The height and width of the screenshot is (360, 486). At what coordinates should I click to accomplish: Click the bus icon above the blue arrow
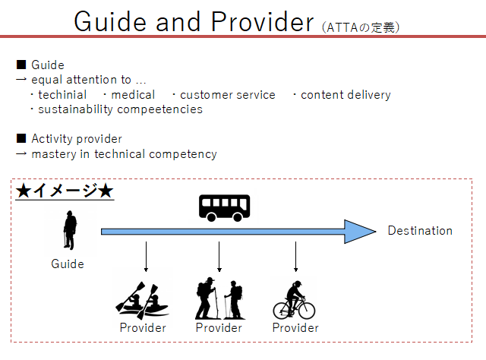(225, 208)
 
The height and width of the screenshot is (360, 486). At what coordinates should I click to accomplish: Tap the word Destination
(420, 231)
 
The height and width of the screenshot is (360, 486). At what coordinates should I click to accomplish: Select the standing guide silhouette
(70, 230)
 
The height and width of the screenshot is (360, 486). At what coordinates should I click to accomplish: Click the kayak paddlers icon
(142, 301)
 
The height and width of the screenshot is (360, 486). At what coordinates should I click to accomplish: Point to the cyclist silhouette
(294, 300)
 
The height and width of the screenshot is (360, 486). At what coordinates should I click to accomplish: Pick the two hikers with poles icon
(219, 298)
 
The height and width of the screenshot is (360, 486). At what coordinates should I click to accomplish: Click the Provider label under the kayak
(143, 328)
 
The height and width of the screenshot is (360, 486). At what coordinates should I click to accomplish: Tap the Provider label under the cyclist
(295, 328)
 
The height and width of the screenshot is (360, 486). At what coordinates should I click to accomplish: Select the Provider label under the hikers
(219, 328)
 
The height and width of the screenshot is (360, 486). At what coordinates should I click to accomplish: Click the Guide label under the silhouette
(68, 264)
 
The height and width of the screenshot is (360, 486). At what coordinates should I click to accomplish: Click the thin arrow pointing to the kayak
(146, 257)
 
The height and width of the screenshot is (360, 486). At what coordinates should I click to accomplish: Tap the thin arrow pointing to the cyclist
(295, 257)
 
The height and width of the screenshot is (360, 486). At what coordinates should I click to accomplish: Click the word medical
(133, 95)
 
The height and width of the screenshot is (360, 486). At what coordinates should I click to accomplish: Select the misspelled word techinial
(62, 95)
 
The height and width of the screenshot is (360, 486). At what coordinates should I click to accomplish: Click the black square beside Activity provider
(21, 138)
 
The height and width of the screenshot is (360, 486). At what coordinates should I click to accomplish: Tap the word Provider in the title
(262, 22)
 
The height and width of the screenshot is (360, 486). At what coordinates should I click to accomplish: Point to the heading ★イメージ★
(65, 191)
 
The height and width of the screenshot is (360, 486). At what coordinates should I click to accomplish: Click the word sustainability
(75, 109)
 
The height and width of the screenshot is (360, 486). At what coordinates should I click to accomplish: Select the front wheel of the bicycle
(306, 311)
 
